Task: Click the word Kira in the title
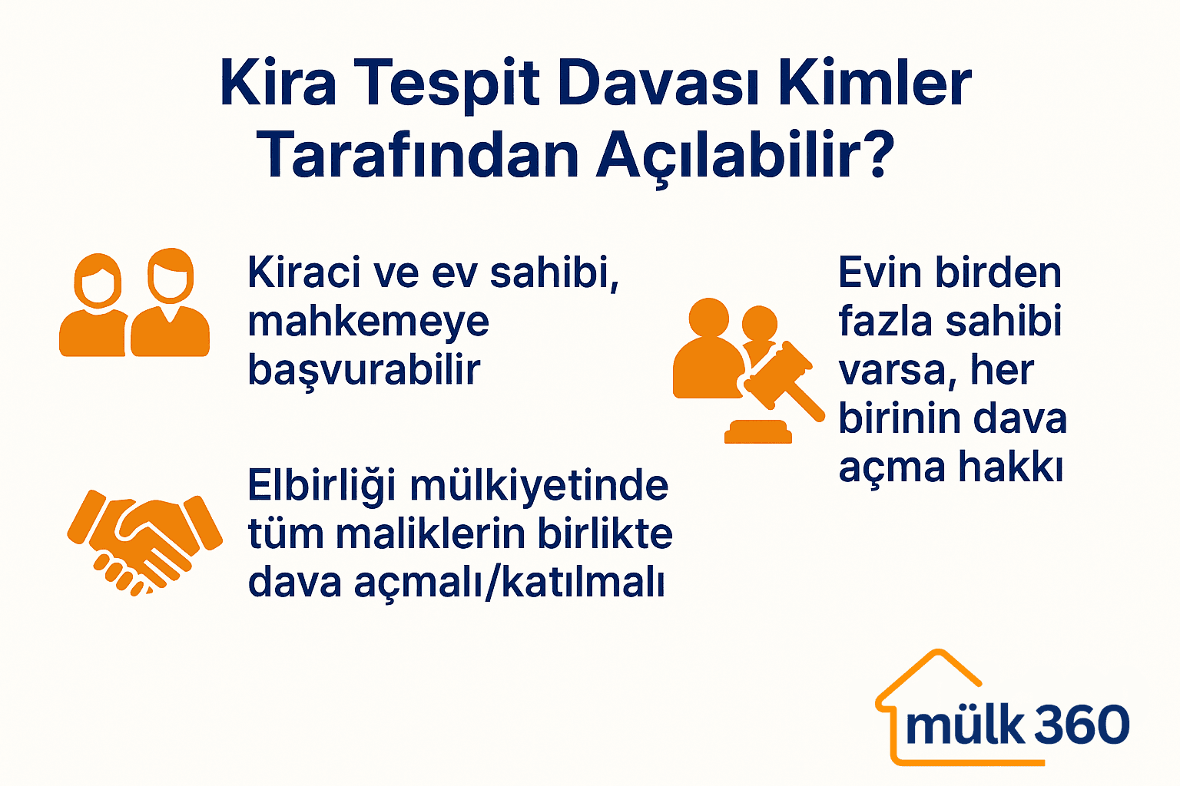pos(278,83)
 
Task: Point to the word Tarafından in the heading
pos(417,156)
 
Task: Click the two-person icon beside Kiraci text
pos(134,302)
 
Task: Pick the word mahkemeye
pos(368,322)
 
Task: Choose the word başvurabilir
pos(363,371)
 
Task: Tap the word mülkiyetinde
pos(539,487)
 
